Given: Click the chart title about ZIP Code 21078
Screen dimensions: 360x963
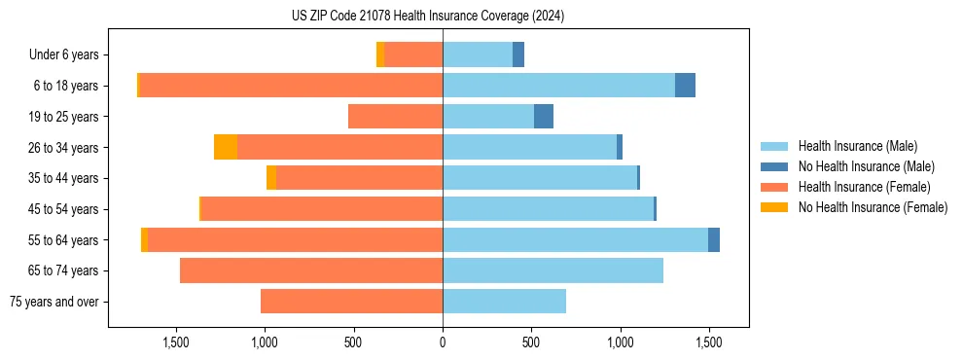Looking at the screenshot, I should (x=428, y=17).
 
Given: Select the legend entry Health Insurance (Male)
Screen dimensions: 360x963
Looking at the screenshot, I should (x=857, y=146).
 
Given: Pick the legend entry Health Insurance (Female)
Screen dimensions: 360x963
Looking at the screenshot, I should (x=864, y=187).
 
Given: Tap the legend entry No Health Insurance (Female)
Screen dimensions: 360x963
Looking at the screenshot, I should (x=873, y=207).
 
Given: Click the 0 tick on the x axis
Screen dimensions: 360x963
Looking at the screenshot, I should (x=443, y=342).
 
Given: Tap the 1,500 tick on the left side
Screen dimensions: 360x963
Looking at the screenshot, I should (x=176, y=342).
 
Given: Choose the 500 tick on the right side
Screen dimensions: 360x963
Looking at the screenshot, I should (x=531, y=342).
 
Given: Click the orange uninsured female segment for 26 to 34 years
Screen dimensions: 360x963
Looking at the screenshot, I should (x=226, y=147).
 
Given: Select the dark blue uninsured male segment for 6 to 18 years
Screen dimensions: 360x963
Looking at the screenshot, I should (x=685, y=86).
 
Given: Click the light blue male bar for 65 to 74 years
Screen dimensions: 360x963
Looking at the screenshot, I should (x=553, y=270).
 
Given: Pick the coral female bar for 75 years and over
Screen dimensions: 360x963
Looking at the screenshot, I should (x=351, y=302).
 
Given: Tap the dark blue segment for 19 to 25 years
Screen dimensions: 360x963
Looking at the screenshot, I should (x=544, y=117).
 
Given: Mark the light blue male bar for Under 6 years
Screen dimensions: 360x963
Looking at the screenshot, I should (x=478, y=54).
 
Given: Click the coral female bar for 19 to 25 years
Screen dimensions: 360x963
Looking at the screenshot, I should (x=395, y=117).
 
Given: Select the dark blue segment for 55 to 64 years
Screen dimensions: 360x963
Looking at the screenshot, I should (x=714, y=239).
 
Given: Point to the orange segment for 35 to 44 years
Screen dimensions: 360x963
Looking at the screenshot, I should (x=271, y=178).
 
